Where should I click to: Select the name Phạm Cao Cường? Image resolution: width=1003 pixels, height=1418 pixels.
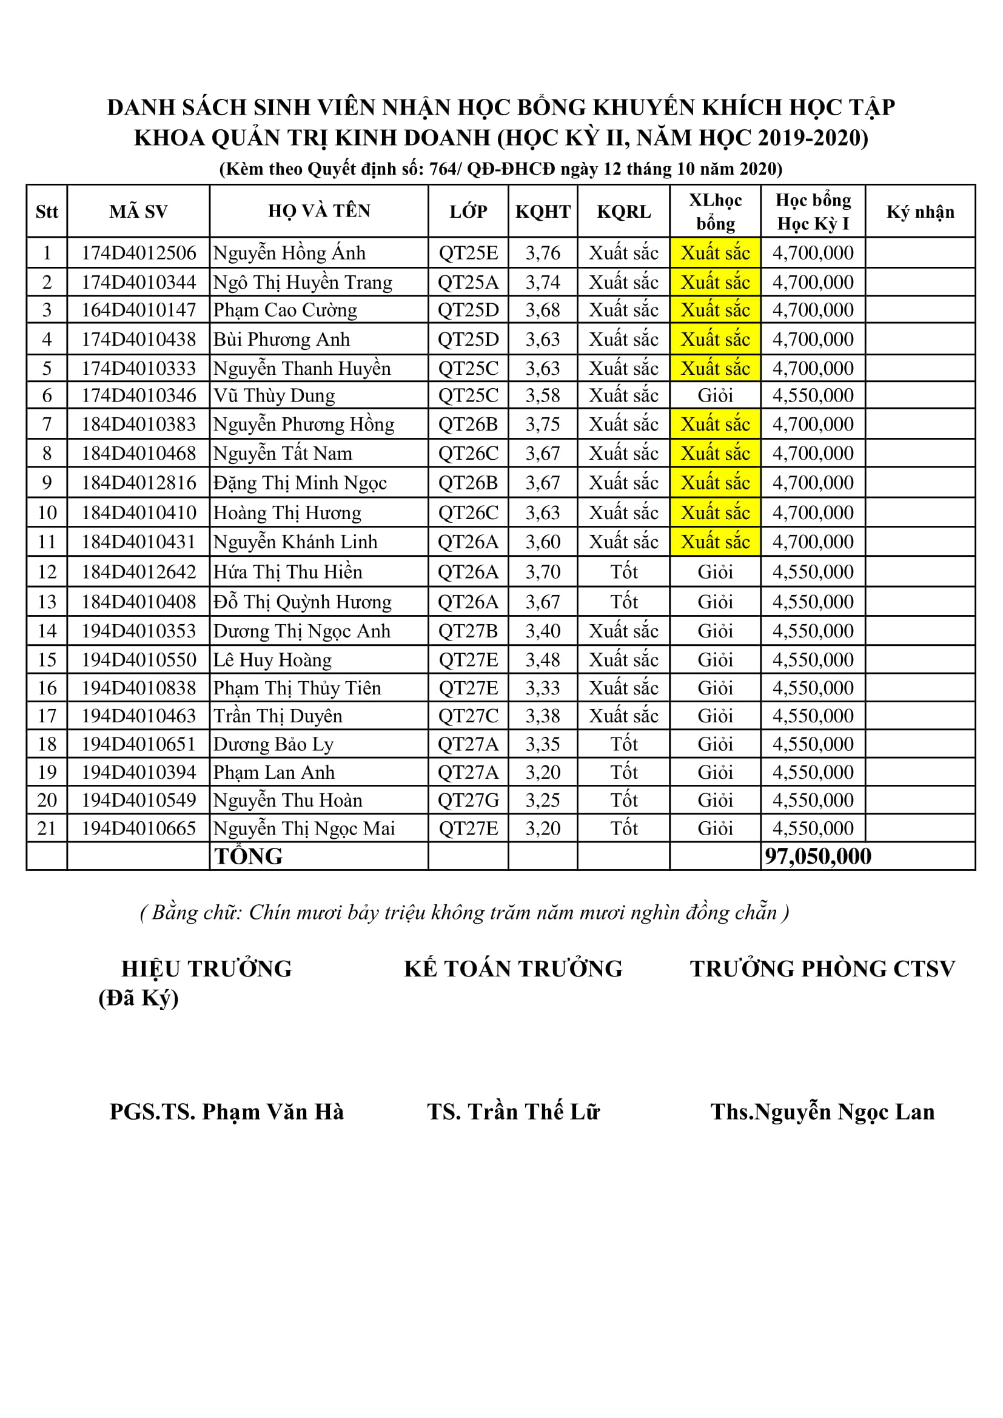285,309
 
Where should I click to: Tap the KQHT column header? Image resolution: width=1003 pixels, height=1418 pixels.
543,212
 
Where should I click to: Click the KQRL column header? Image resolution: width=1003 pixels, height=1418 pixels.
624,212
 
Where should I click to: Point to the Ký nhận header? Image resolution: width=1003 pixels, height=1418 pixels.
921,212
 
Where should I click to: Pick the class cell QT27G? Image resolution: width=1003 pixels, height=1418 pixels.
468,800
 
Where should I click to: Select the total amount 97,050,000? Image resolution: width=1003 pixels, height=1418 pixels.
817,856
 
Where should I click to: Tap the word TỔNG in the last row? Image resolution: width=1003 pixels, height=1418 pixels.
248,856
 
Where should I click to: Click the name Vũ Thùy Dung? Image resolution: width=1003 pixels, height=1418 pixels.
274,395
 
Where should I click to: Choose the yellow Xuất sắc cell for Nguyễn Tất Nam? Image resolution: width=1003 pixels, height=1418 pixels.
715,453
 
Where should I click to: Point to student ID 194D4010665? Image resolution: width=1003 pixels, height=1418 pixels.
138,828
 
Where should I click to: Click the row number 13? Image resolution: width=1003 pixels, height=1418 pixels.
47,602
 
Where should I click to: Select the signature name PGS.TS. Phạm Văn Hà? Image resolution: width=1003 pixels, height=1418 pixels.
227,1112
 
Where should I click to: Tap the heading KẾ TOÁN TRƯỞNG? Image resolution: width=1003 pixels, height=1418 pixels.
513,969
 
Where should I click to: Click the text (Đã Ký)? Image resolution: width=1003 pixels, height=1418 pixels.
138,998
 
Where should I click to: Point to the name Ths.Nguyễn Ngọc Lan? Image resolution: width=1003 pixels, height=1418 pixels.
822,1112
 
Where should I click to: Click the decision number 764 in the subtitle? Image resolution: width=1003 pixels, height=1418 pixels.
442,169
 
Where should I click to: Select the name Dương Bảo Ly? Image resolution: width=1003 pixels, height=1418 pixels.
273,744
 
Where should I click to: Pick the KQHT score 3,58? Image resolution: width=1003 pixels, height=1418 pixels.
543,395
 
